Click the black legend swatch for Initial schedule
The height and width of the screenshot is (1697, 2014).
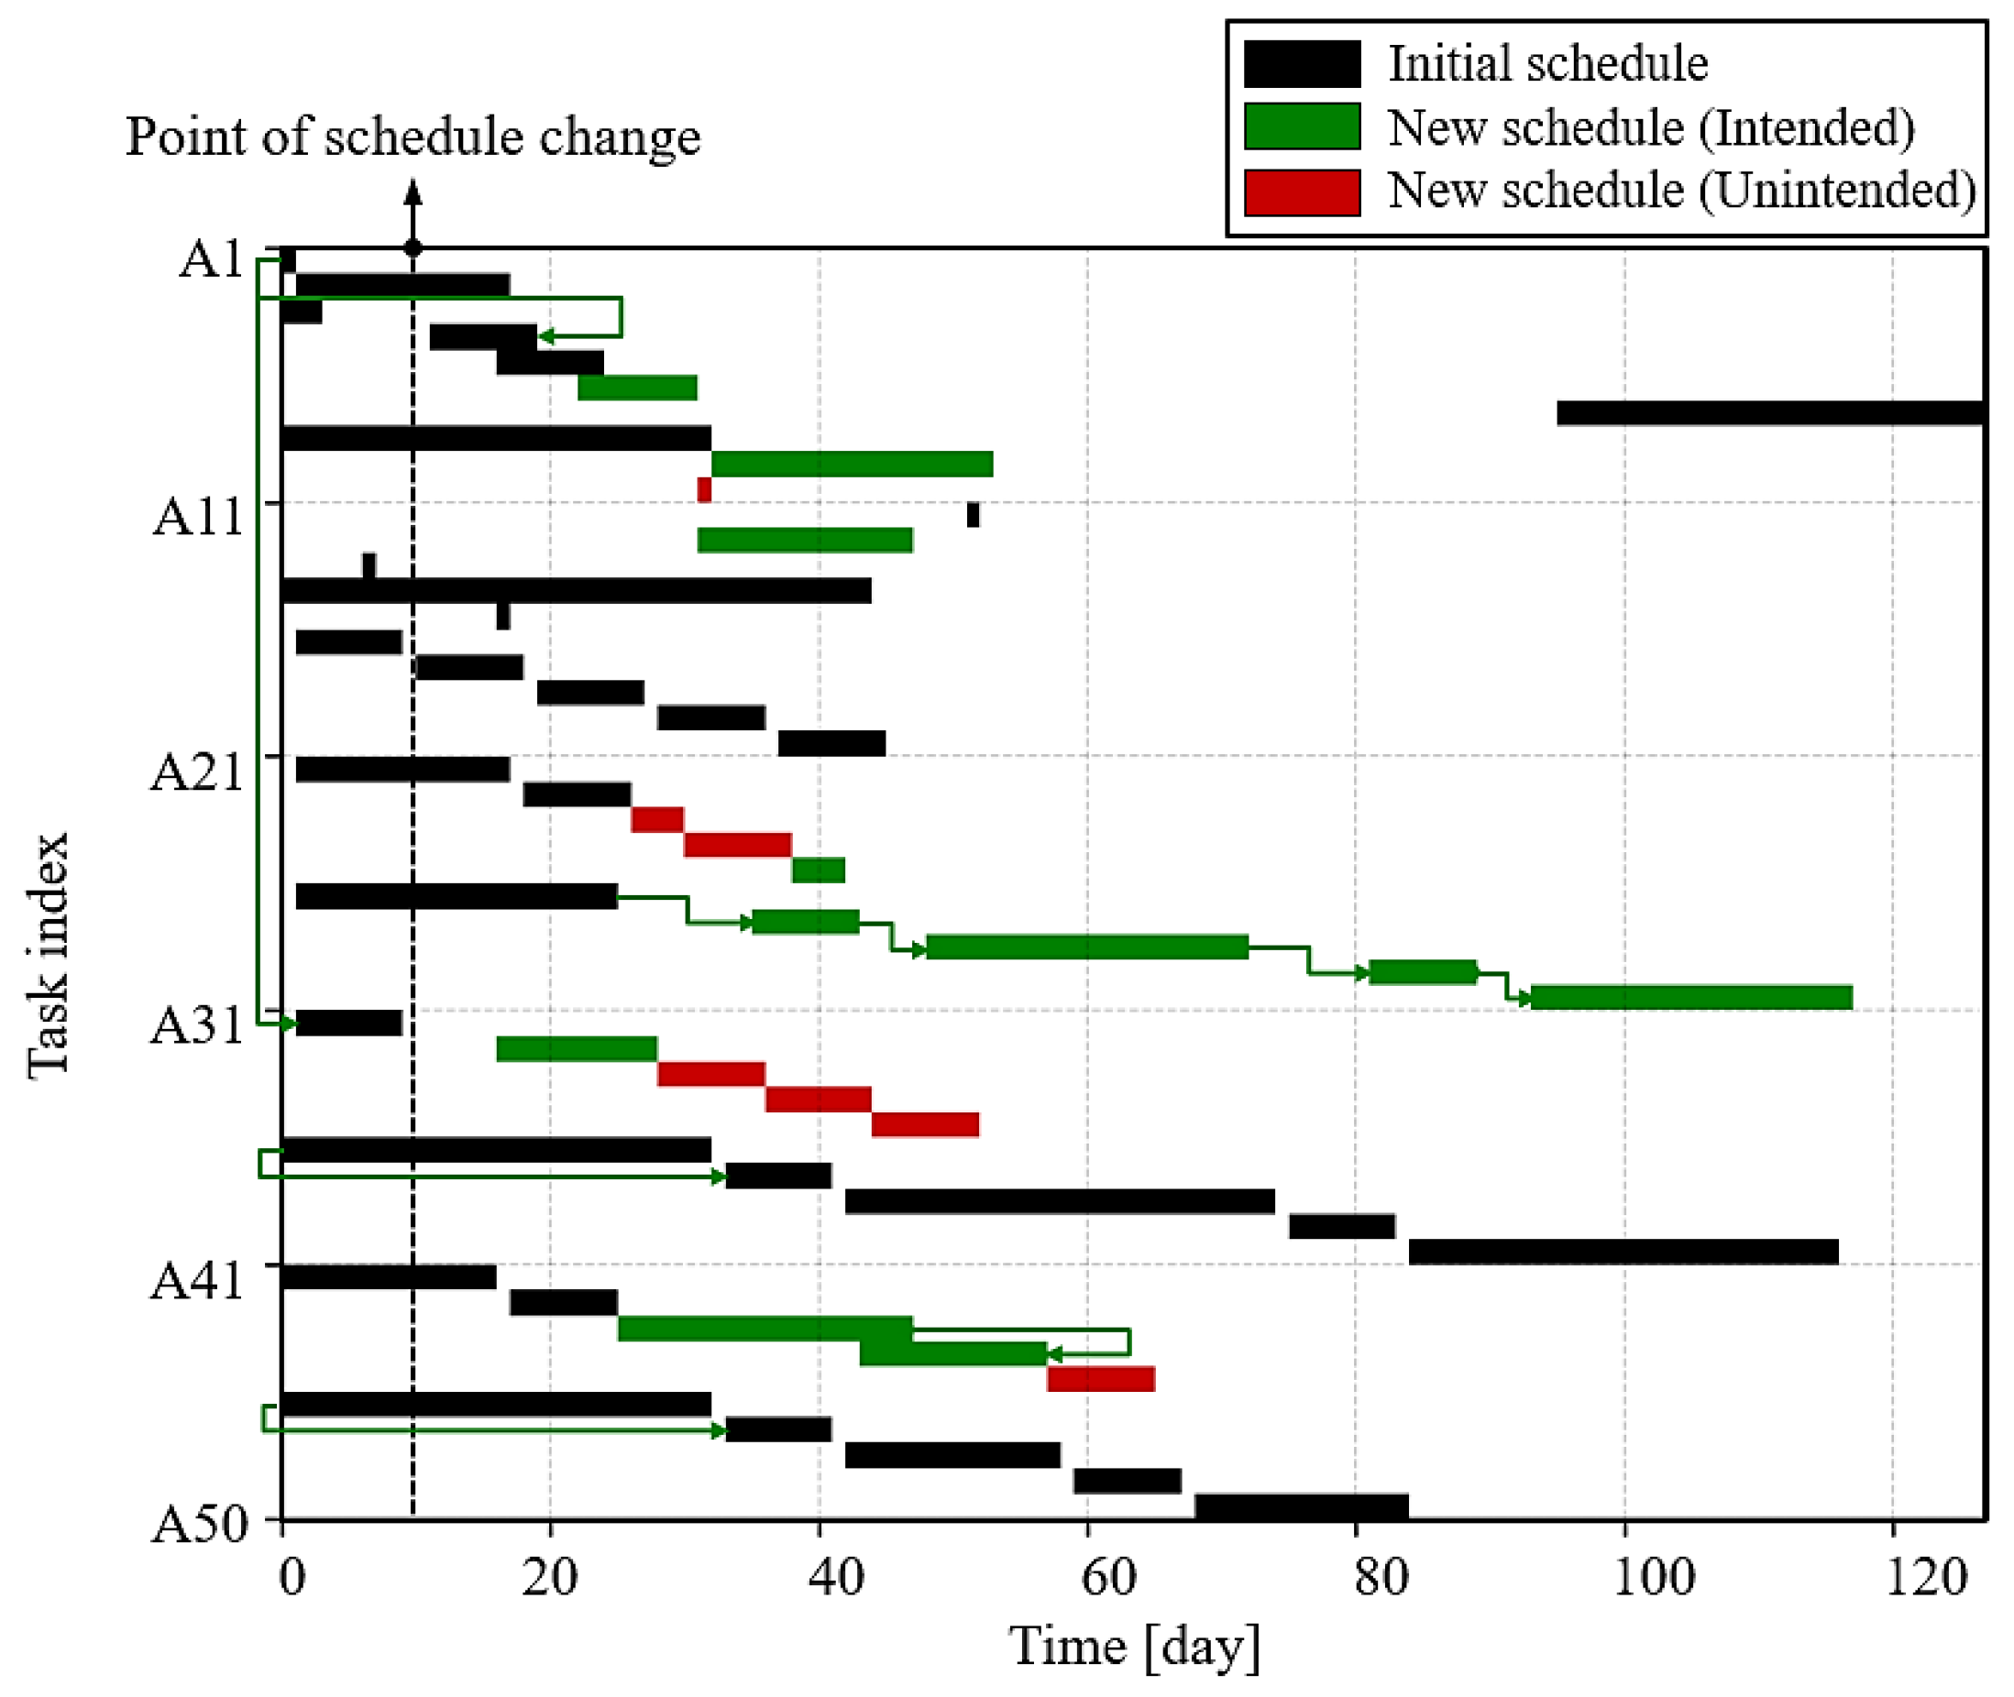[1302, 63]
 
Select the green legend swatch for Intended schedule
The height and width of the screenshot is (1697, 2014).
[1302, 127]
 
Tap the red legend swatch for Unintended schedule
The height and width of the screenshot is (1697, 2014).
[1302, 192]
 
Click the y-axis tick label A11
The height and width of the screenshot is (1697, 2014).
[198, 517]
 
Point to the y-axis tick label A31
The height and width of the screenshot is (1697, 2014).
[196, 1024]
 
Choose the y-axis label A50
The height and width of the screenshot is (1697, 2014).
[198, 1524]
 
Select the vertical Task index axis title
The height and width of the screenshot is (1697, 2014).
[48, 956]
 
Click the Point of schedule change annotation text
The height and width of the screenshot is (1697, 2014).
[413, 137]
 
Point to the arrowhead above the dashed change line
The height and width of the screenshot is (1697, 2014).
[413, 192]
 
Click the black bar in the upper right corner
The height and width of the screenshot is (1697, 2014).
[1770, 412]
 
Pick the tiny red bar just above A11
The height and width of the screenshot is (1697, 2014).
[704, 489]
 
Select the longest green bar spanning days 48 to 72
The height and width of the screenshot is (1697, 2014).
[1087, 947]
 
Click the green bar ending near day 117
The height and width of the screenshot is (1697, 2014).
[1690, 998]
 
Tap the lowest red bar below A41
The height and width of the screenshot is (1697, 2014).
[1101, 1378]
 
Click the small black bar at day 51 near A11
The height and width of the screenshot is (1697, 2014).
[973, 515]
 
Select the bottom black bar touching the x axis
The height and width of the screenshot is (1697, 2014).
[1301, 1506]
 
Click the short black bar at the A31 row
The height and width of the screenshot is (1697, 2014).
[349, 1023]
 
